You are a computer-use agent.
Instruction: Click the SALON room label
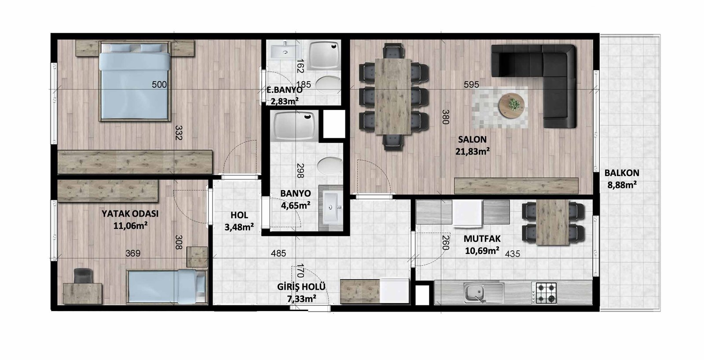coord(472,139)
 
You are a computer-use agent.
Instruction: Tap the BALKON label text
coord(622,173)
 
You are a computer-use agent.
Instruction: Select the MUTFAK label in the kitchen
coord(482,239)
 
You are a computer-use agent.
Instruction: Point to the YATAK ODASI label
coord(130,214)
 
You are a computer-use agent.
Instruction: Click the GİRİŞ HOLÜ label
coord(301,287)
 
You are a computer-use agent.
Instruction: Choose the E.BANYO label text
coord(284,90)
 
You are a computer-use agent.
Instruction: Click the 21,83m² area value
coord(473,151)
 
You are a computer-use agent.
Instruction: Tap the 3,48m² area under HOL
coord(239,227)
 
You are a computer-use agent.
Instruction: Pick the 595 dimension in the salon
coord(471,84)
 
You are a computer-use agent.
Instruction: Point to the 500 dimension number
coord(159,84)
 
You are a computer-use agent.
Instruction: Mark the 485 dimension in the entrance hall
coord(279,253)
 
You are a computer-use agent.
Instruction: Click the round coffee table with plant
coord(511,105)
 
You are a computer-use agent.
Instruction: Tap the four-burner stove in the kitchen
coord(544,293)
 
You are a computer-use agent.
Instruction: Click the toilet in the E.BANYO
coord(328,85)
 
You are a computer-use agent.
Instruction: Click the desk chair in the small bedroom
coord(83,276)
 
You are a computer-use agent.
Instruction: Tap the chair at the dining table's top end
coord(393,51)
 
